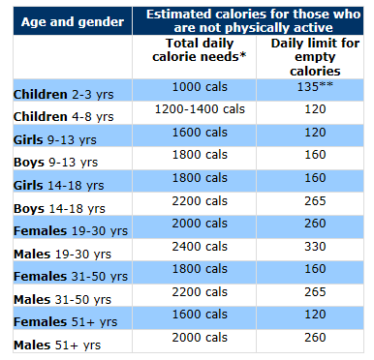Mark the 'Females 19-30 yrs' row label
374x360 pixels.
70,232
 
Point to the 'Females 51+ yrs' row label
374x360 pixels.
63,322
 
